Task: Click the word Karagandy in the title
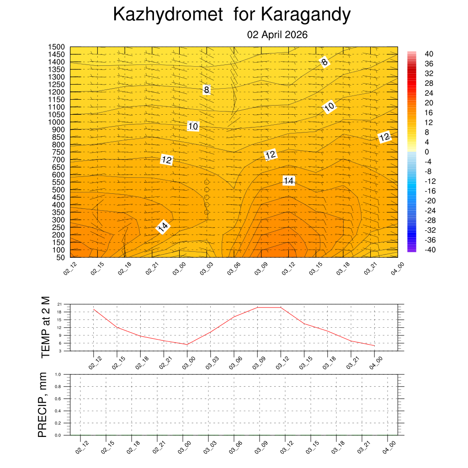306,15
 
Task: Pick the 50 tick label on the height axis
61,257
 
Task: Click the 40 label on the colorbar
429,53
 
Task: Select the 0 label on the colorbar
427,152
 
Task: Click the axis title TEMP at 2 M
45,327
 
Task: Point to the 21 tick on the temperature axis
59,304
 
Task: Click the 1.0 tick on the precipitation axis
58,374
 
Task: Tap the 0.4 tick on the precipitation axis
58,411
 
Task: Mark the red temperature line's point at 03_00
187,344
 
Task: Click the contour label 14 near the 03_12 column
288,181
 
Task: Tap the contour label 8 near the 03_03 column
207,90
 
